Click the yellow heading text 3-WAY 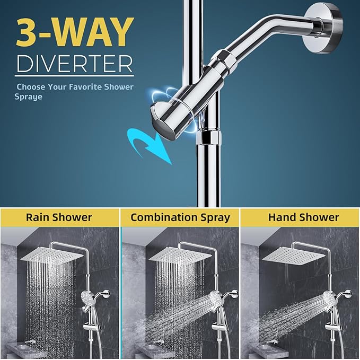[x=74, y=33]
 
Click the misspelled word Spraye [x=28, y=97]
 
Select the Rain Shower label [x=59, y=217]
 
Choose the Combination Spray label [x=180, y=217]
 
